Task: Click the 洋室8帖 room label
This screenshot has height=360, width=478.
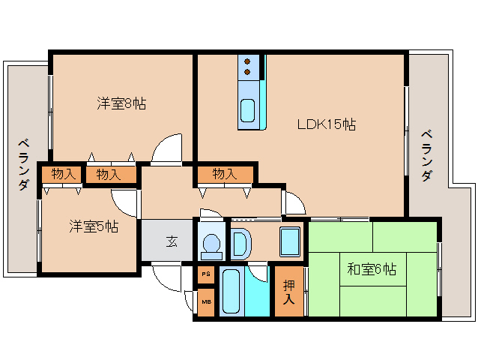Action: tap(121, 103)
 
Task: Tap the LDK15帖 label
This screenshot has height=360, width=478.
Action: tap(327, 124)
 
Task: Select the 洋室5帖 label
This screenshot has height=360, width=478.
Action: tap(94, 226)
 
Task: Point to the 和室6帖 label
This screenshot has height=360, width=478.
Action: tap(372, 269)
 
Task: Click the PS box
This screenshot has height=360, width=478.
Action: tap(206, 274)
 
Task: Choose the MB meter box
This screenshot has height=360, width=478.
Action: tap(206, 302)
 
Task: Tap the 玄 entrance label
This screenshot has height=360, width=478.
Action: tap(172, 241)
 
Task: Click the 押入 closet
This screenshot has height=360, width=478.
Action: tap(289, 291)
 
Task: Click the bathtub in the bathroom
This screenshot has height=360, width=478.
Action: tap(231, 291)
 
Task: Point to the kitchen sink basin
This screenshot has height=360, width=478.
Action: tap(247, 110)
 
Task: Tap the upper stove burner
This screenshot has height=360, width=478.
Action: tap(247, 61)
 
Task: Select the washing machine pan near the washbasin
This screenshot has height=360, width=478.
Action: tap(290, 241)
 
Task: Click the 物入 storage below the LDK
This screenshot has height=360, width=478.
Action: tap(226, 175)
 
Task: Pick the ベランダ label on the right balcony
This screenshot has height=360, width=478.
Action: tap(427, 155)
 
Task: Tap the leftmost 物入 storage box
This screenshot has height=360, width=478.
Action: tap(61, 174)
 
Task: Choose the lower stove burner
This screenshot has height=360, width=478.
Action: tap(247, 72)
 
